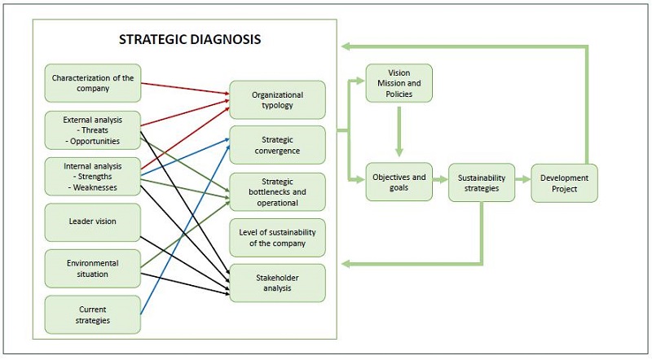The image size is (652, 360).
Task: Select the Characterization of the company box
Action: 92,83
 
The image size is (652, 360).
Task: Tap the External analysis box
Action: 92,130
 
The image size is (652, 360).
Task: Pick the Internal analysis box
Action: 92,177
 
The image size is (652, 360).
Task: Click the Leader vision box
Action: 92,222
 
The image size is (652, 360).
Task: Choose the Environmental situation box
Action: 92,269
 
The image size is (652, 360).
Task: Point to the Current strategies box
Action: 92,314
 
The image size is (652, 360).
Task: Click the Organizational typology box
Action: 277,99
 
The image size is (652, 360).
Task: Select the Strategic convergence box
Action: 277,145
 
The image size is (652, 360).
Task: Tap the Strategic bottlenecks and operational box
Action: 277,192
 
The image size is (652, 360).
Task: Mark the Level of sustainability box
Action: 277,237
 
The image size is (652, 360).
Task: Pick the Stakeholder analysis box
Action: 277,282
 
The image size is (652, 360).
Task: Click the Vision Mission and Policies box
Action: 399,82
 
